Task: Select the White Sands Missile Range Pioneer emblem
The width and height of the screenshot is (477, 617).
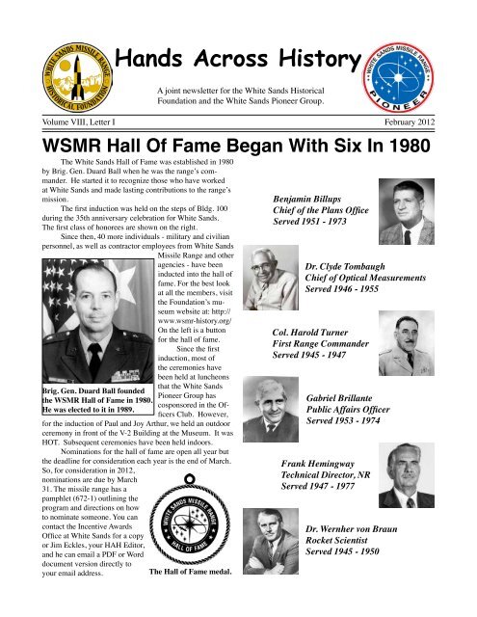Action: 418,64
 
